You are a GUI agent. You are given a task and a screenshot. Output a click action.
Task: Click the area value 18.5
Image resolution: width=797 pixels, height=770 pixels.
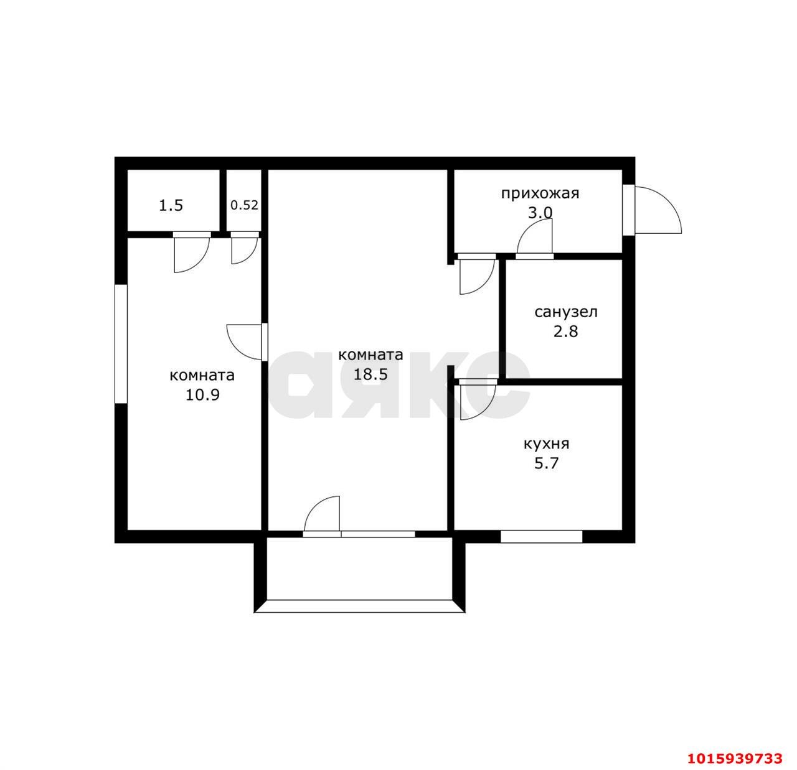pos(370,374)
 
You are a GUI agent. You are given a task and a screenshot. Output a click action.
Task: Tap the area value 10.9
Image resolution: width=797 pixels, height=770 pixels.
pos(202,395)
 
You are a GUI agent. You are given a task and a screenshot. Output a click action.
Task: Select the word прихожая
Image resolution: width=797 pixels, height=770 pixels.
pos(540,193)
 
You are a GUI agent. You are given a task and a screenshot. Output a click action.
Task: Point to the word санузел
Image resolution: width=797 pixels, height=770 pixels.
pos(565,313)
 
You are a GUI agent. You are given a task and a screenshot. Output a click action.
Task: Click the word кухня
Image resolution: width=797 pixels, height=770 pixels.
pos(546,444)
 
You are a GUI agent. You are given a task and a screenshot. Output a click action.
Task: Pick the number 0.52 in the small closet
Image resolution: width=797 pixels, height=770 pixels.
pos(244,205)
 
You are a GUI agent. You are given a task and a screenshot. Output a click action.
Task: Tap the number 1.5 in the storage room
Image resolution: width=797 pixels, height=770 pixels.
pos(171,205)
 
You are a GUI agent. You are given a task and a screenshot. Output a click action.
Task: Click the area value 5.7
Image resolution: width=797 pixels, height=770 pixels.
pos(547,463)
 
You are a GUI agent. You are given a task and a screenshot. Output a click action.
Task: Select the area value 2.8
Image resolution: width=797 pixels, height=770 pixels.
pos(565,332)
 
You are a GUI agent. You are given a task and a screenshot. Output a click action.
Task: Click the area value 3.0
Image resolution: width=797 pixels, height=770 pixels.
pos(540,213)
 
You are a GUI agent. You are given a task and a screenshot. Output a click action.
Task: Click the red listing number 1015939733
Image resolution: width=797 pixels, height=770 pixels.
pos(734,759)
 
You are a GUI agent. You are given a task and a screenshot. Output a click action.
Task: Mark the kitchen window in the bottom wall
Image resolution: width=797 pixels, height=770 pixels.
pos(541,536)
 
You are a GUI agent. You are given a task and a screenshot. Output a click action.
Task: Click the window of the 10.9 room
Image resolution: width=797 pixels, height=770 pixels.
pos(121,344)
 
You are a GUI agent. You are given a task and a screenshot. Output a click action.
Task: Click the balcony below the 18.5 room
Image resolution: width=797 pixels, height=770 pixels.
pos(359,574)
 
